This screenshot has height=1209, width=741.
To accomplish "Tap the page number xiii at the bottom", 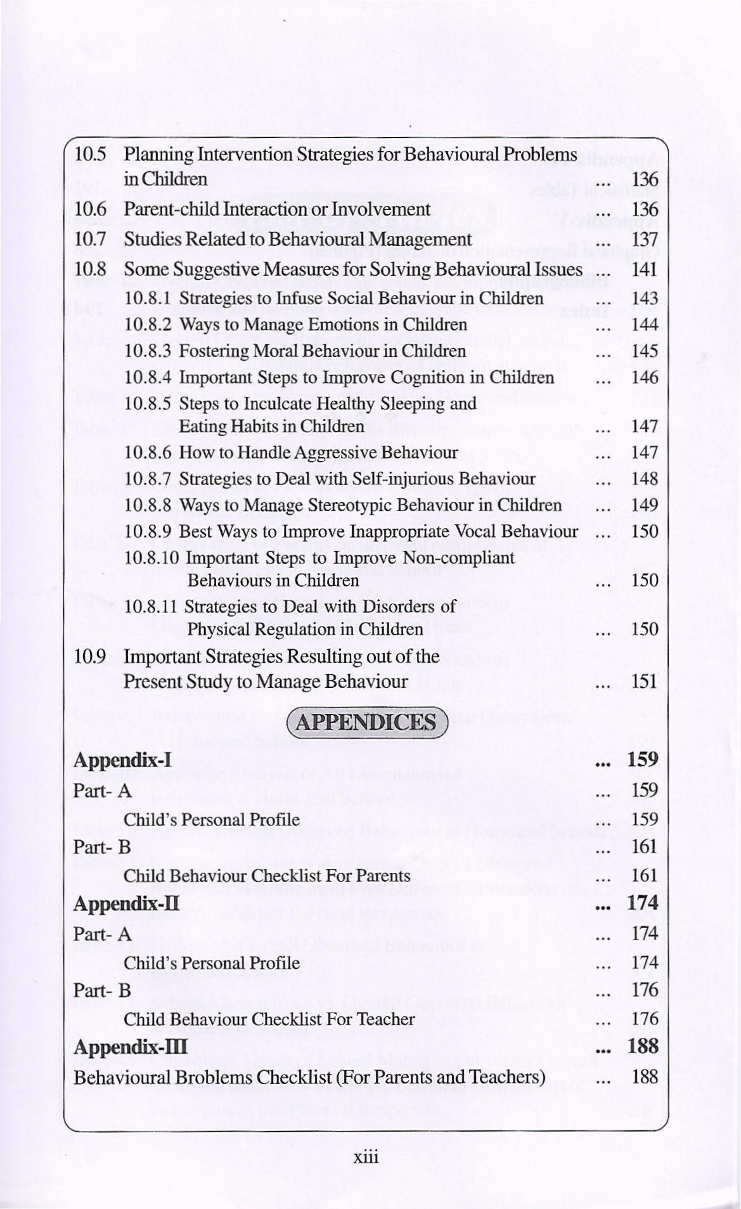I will (366, 1157).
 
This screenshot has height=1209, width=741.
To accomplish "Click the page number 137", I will (645, 240).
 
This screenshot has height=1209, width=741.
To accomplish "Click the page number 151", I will (645, 682).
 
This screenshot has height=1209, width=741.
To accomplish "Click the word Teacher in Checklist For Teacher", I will (385, 1019).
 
